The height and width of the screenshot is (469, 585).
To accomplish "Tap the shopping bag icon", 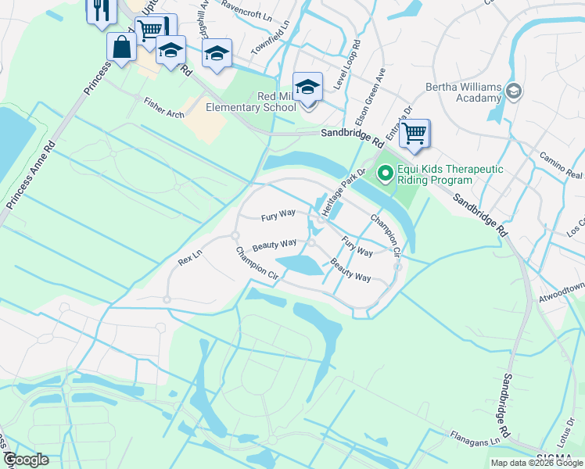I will pos(123,46).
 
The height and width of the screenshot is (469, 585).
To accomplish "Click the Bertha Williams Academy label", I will pos(463,92).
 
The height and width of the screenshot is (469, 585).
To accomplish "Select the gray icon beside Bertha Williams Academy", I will pos(514,91).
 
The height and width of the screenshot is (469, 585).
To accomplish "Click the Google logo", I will pos(26,460).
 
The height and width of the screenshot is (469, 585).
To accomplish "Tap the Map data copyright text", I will pos(537,463).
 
